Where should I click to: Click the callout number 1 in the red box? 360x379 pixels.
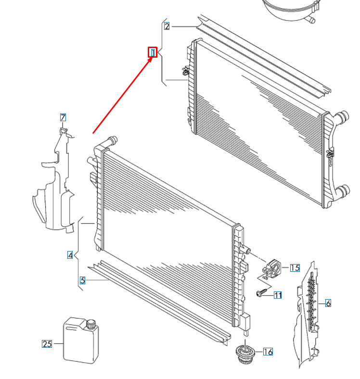(x=153, y=52)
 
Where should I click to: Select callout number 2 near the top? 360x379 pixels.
(x=167, y=26)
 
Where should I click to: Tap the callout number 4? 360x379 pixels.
(x=70, y=255)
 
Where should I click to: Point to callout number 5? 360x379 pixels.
(x=82, y=280)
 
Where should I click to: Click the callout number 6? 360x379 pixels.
(x=328, y=303)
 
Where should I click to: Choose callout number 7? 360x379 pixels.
(x=63, y=117)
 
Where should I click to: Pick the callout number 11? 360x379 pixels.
(x=278, y=295)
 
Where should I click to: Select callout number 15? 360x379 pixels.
(x=295, y=268)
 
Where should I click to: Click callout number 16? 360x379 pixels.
(x=268, y=352)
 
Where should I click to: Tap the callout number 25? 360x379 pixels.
(x=47, y=344)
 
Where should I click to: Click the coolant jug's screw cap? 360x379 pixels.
(x=90, y=324)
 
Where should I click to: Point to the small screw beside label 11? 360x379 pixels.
(x=261, y=293)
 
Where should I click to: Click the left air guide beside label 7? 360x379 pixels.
(x=54, y=188)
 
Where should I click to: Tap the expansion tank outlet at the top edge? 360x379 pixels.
(x=312, y=20)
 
